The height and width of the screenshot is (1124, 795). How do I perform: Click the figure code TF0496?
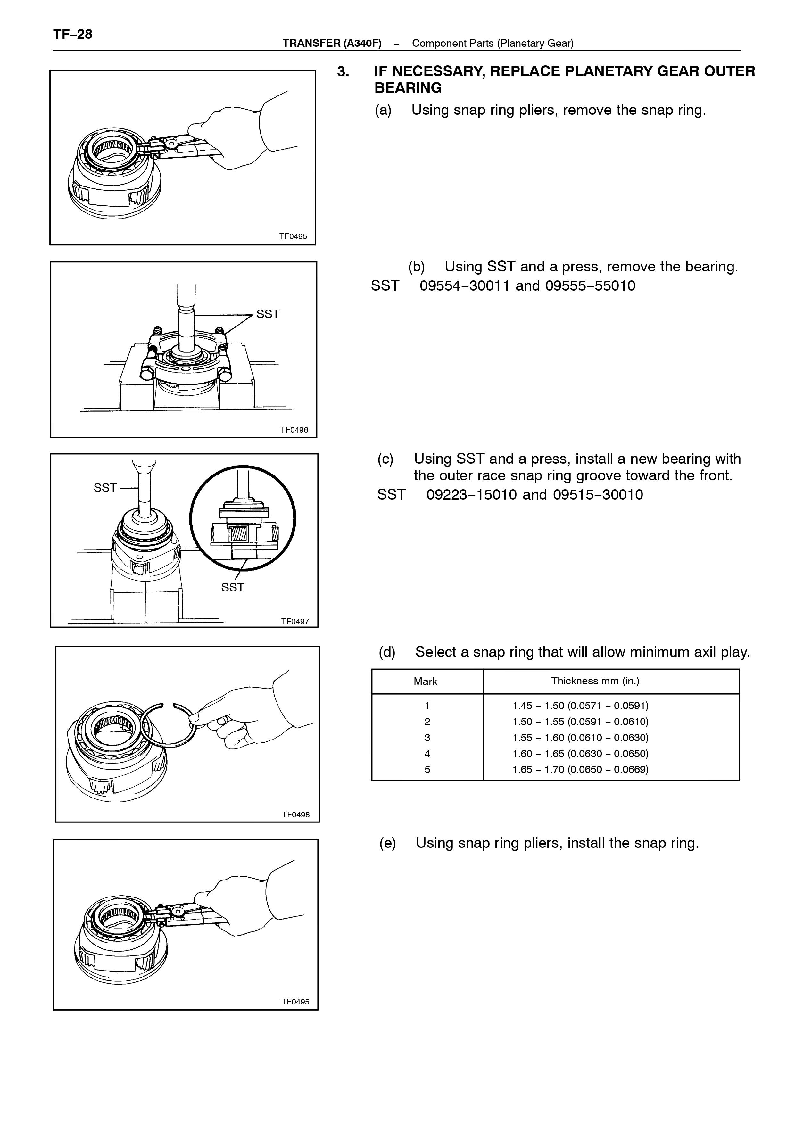point(294,430)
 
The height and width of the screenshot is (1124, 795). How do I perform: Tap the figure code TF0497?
point(295,621)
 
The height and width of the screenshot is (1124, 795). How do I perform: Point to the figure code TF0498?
point(296,814)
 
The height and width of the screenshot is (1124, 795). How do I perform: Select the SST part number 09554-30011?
point(465,285)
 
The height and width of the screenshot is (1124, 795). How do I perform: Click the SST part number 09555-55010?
point(590,285)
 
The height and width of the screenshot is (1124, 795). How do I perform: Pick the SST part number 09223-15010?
point(471,494)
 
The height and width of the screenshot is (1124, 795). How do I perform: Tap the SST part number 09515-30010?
point(598,494)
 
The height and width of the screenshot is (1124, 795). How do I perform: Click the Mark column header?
point(426,682)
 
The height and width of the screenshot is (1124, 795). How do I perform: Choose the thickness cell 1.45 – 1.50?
point(581,706)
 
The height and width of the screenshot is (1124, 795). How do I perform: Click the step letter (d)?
point(387,652)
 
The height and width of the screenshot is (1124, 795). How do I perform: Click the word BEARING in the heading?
point(408,88)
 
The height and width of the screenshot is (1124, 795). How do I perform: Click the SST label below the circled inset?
point(233,587)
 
